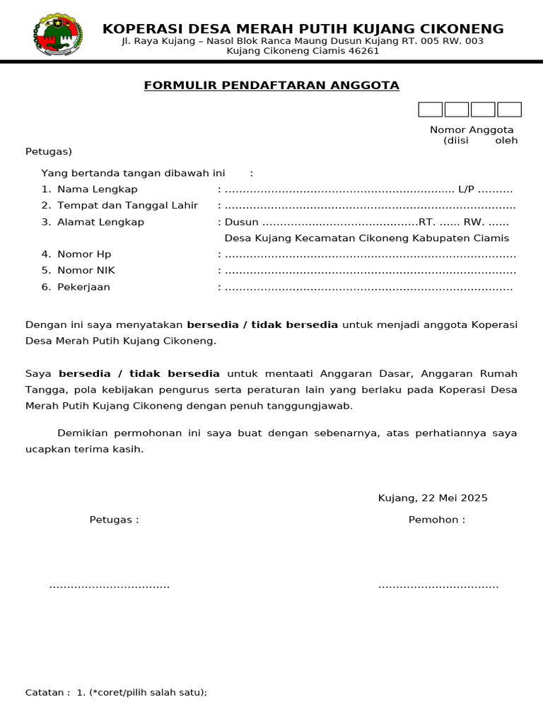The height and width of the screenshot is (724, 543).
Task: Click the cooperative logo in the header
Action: click(x=57, y=34)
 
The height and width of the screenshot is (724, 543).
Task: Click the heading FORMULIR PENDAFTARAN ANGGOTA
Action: click(x=271, y=86)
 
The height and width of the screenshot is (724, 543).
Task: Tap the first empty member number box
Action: click(x=430, y=110)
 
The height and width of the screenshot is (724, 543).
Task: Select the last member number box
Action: click(x=509, y=110)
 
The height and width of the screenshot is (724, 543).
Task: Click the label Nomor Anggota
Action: click(x=472, y=130)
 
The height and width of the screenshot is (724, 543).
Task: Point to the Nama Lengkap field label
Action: click(x=97, y=189)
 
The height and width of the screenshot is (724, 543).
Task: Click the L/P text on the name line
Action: click(x=467, y=189)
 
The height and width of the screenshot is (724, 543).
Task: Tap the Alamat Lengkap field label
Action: click(x=100, y=222)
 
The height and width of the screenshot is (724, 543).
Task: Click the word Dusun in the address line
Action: click(x=241, y=222)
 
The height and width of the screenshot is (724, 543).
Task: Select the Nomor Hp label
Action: click(x=84, y=255)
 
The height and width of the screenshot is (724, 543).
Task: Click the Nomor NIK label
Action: click(x=86, y=270)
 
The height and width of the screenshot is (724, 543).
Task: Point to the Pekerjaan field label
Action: click(x=83, y=287)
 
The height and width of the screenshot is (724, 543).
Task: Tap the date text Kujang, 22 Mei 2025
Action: click(x=433, y=498)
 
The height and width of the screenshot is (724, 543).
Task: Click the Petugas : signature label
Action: click(x=114, y=520)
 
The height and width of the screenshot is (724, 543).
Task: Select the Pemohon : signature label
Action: click(x=437, y=520)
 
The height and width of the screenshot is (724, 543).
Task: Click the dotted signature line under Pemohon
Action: click(x=438, y=586)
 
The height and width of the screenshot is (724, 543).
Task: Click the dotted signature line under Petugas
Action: click(x=110, y=586)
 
